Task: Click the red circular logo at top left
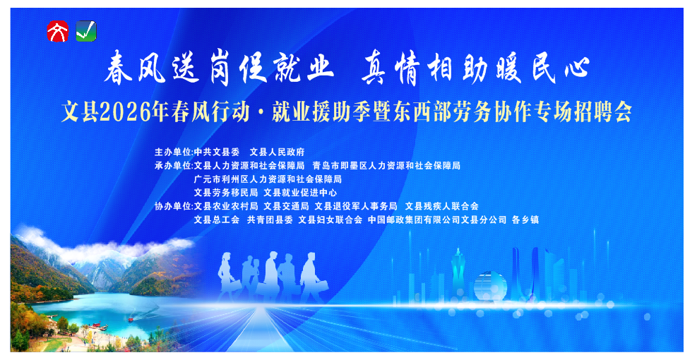[56, 31]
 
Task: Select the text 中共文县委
[218, 152]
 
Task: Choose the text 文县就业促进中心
[300, 192]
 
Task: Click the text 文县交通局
[286, 206]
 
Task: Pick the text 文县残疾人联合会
[442, 206]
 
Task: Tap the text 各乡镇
[525, 220]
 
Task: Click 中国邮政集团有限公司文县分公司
[438, 220]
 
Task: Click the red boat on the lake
[131, 318]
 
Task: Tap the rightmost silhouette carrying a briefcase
[310, 277]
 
